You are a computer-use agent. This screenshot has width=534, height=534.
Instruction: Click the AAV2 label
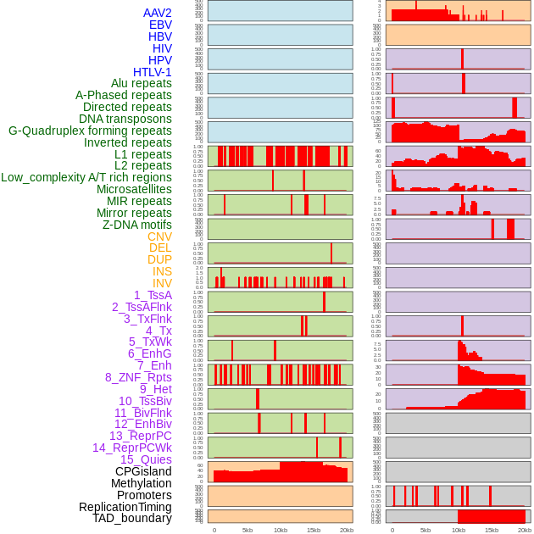point(158,13)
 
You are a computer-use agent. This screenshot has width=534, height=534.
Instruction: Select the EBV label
point(160,25)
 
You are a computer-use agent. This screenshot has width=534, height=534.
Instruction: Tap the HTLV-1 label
point(153,72)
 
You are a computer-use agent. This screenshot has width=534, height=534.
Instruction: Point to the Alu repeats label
point(142,83)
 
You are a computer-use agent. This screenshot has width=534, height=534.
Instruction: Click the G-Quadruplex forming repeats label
point(90,131)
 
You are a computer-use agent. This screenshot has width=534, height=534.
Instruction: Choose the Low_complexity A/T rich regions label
point(86,177)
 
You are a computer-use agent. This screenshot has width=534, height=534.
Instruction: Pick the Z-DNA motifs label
point(137,225)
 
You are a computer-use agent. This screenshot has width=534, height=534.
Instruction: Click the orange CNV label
point(159,236)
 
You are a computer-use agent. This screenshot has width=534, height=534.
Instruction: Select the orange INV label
point(162,283)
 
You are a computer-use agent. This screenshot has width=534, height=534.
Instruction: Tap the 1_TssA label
point(153,295)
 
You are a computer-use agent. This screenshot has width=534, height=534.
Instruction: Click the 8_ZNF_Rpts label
point(138,377)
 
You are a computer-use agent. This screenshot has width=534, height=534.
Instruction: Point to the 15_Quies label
point(146,459)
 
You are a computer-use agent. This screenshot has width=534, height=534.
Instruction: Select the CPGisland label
point(143,471)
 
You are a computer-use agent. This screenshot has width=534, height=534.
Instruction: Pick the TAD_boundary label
point(132,518)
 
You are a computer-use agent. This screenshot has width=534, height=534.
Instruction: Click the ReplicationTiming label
point(125,507)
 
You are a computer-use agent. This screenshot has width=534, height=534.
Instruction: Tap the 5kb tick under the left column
point(248,530)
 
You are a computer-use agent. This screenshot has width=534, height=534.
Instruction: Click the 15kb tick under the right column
point(491,530)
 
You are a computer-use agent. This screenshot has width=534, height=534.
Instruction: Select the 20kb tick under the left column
point(347,530)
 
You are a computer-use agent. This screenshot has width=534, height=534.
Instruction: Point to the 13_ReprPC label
point(140,436)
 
